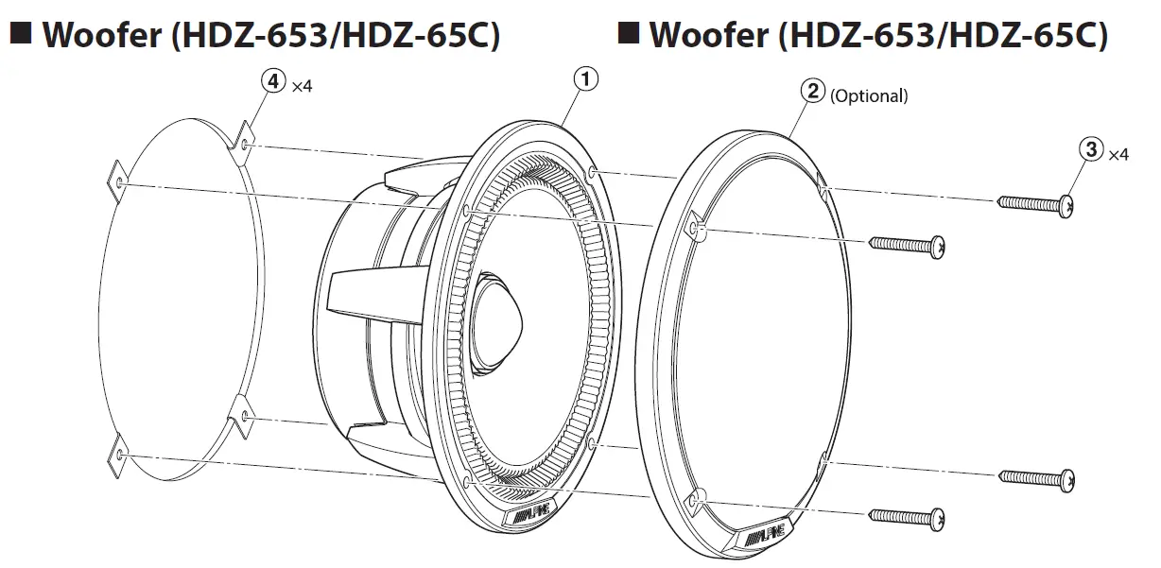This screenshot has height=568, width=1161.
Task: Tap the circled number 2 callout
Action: coord(812,93)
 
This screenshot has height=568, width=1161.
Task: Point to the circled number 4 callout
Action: coord(273,82)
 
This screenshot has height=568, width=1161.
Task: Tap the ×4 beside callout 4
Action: coord(302,86)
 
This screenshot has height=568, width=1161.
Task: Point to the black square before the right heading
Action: coord(627,35)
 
